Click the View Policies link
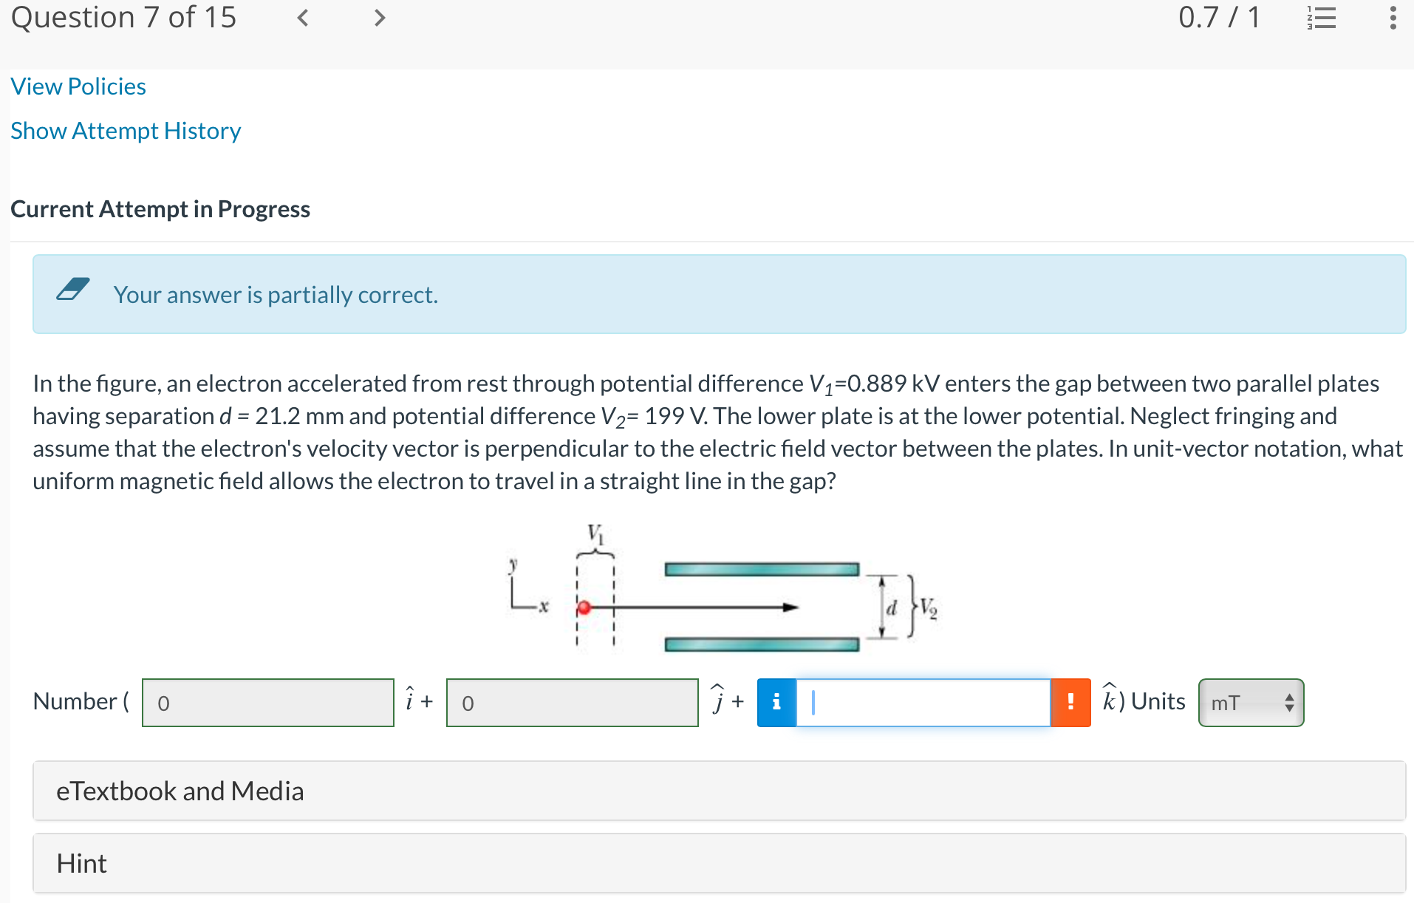(x=78, y=86)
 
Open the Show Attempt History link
(x=126, y=131)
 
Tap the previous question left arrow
(x=302, y=18)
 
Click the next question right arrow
(x=380, y=18)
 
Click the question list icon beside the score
(x=1322, y=18)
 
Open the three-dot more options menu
(x=1393, y=18)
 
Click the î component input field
(x=267, y=703)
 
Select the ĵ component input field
(x=572, y=703)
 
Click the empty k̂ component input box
(x=923, y=703)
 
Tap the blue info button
(x=776, y=703)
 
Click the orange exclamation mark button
(x=1070, y=703)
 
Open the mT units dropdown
(x=1251, y=703)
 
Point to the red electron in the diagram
(x=584, y=607)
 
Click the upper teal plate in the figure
(x=762, y=569)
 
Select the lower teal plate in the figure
(x=762, y=644)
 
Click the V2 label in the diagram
(x=929, y=609)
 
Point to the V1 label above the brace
(x=595, y=533)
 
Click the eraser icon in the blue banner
(x=73, y=289)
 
